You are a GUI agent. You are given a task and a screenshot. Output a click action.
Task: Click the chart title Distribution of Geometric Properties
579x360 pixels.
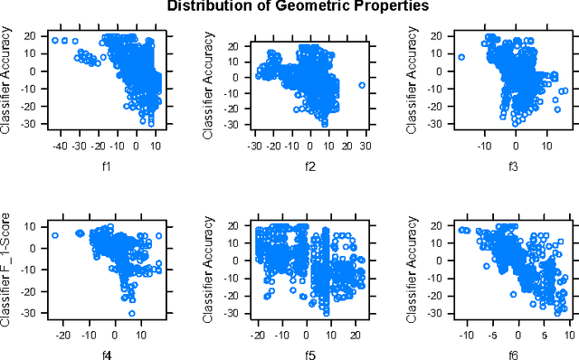pos(289,6)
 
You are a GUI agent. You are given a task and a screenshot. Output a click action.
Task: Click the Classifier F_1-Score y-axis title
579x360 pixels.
pos(7,266)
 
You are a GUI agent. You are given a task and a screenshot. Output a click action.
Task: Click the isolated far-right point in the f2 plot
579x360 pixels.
pos(362,85)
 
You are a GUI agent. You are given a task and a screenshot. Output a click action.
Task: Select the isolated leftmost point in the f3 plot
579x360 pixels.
pos(461,57)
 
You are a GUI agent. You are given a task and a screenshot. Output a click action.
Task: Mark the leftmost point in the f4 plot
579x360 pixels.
pos(55,235)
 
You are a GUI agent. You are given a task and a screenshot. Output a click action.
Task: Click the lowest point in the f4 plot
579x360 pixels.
pos(132,313)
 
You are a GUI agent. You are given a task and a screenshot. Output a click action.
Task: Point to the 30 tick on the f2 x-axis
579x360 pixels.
pos(362,145)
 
